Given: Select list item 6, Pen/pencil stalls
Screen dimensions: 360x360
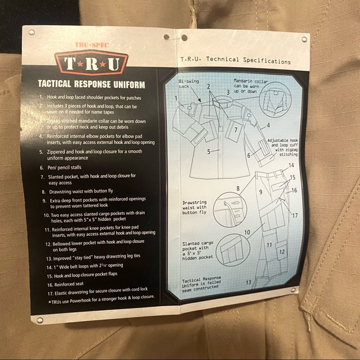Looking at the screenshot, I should point(68,168).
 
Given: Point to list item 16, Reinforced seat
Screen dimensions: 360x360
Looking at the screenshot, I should point(73,283).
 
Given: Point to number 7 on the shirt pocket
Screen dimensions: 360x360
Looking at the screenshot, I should point(236,130).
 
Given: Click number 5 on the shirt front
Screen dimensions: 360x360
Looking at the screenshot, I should point(209,151).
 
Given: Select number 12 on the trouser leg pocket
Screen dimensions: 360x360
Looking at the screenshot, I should point(281,252).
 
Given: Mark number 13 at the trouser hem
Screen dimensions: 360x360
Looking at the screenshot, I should point(248,283).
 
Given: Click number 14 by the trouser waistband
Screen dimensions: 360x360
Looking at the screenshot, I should point(291,165).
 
